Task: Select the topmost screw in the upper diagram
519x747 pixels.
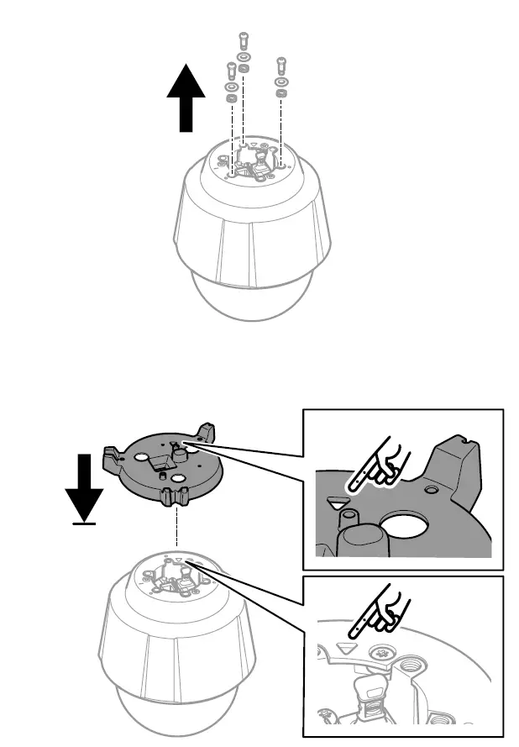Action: point(242,38)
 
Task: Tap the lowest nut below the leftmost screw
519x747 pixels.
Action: point(230,99)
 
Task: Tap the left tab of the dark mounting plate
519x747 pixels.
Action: point(109,457)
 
